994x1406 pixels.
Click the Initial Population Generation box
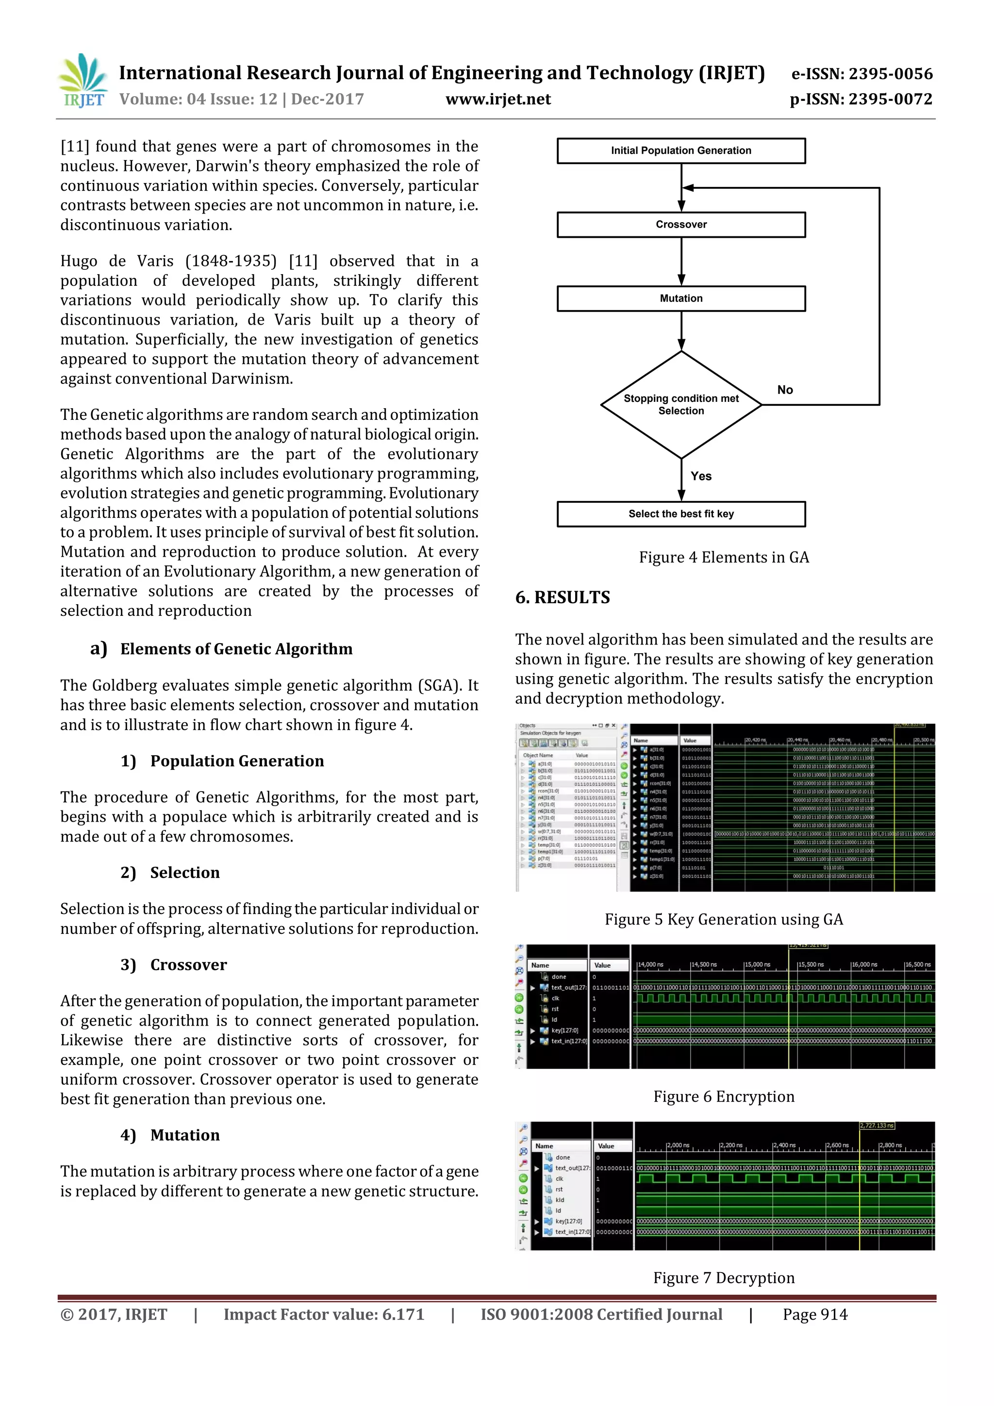(x=680, y=150)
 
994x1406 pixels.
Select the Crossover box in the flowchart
(x=680, y=225)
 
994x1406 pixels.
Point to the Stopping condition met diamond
(x=680, y=405)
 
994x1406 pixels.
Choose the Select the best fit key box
(x=680, y=514)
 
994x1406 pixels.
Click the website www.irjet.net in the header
(x=498, y=99)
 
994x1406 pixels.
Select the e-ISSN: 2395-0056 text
(x=861, y=74)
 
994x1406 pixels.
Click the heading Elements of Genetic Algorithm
(x=236, y=649)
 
